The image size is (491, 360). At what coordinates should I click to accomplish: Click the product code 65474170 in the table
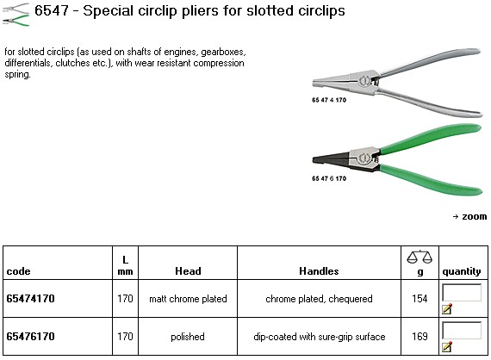30,298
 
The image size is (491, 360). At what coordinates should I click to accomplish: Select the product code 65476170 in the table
30,336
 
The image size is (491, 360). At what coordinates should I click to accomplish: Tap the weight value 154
420,298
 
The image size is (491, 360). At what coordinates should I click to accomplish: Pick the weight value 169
420,336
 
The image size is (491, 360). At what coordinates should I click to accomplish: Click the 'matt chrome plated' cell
188,299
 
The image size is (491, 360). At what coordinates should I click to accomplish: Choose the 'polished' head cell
188,337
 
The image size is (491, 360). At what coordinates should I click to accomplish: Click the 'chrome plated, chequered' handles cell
319,299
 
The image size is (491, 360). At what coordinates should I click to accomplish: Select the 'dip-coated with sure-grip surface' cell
319,337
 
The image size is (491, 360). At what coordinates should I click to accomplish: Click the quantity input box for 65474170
462,292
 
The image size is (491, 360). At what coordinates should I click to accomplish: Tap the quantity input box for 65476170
462,330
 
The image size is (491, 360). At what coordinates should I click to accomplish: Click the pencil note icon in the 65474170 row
447,308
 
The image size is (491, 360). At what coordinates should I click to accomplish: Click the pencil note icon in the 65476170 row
447,346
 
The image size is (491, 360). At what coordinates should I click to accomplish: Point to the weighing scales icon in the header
420,258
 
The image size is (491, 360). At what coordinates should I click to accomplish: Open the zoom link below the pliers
470,217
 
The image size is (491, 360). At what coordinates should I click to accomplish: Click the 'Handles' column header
319,271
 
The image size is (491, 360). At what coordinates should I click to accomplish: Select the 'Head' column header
188,271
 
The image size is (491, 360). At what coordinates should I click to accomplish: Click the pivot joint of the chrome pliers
364,81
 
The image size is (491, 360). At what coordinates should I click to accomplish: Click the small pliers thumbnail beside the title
16,15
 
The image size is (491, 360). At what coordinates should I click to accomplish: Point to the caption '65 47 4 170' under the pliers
329,100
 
